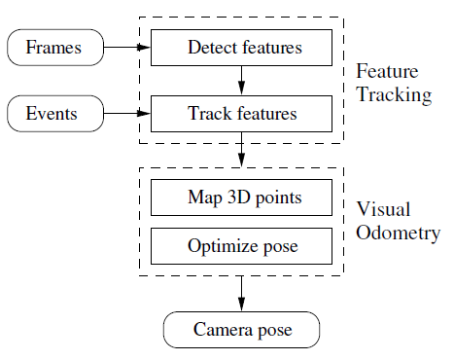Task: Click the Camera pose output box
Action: pos(241,330)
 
